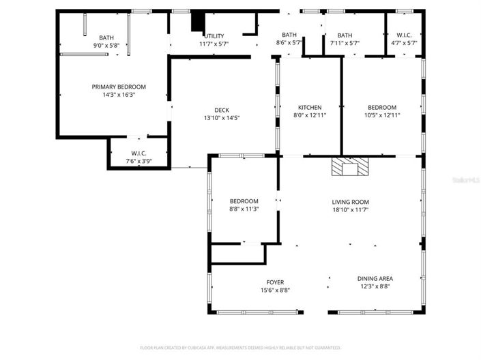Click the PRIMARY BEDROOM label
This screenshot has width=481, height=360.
119,87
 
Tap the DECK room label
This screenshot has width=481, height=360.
222,110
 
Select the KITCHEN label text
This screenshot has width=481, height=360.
310,107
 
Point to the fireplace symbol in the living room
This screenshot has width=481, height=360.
349,167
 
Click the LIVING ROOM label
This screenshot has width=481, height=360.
350,202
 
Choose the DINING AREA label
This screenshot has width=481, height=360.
375,278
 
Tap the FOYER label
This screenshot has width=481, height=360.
275,282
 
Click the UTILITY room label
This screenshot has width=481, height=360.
213,36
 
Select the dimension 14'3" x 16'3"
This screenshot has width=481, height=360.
119,95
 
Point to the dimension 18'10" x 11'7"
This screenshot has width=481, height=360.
350,210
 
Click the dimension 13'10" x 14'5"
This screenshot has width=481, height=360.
222,118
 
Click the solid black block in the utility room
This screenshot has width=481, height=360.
198,22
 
